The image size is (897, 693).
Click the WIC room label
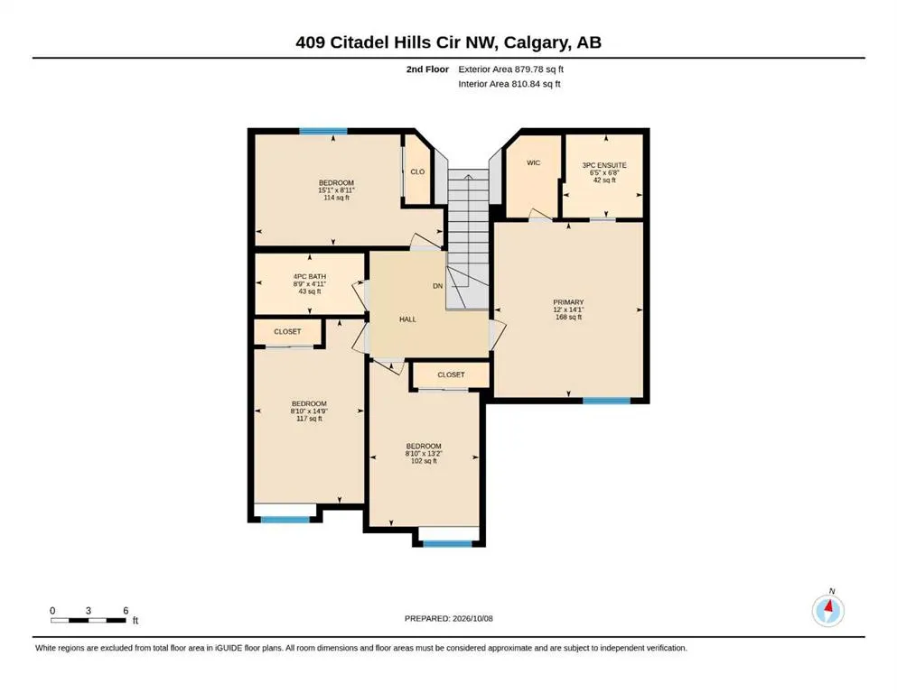click(533, 162)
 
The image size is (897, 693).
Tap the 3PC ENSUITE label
click(604, 165)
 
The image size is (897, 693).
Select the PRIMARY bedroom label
click(568, 302)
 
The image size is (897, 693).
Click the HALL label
click(407, 319)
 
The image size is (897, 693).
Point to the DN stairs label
click(437, 286)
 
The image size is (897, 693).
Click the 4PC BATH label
click(310, 276)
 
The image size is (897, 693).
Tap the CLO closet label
click(417, 171)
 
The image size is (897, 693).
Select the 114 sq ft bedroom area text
click(336, 198)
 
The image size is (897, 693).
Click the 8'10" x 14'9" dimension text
click(309, 411)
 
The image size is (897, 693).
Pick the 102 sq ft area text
click(424, 460)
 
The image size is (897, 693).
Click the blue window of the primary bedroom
click(606, 401)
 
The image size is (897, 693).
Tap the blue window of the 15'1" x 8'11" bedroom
click(323, 132)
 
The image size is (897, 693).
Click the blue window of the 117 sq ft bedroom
click(285, 520)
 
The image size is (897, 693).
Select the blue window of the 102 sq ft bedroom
click(447, 543)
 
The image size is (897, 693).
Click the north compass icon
click(828, 610)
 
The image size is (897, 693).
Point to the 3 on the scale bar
click(89, 611)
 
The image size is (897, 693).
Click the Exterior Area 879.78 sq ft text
click(511, 69)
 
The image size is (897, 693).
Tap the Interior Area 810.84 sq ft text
click(509, 84)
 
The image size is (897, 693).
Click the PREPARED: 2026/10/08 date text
click(448, 618)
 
